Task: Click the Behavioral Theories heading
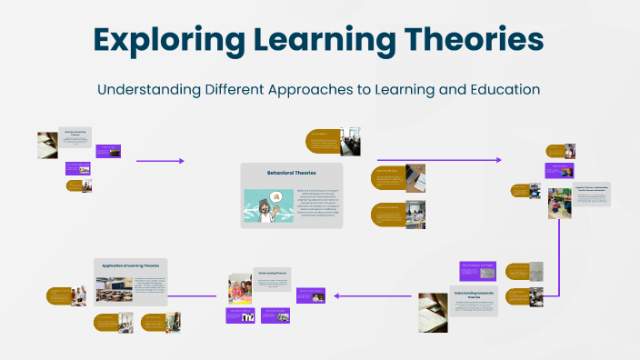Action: [x=292, y=172]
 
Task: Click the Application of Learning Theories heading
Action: [x=131, y=265]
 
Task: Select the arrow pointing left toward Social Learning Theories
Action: [x=341, y=295]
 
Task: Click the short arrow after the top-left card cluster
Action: [x=160, y=161]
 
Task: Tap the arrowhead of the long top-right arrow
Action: [x=498, y=160]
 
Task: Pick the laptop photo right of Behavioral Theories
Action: [x=415, y=176]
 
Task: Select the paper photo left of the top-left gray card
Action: [x=47, y=145]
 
